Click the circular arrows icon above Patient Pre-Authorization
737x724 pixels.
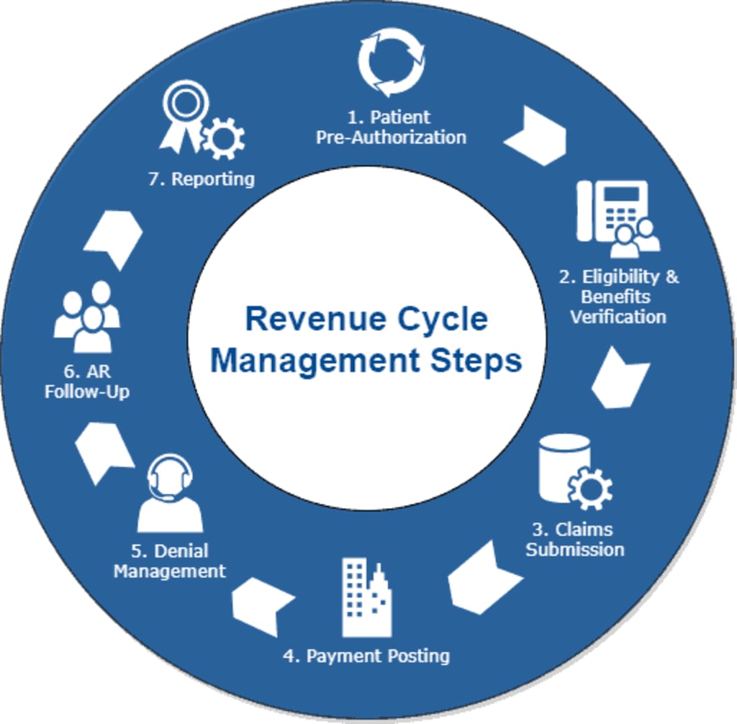click(x=391, y=62)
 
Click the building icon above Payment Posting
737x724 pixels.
click(x=366, y=597)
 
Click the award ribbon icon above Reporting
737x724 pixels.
click(x=184, y=115)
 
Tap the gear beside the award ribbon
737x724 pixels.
click(x=223, y=138)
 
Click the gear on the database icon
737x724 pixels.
click(x=590, y=489)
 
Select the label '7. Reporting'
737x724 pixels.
click(x=202, y=179)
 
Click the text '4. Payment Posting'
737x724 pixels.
click(x=366, y=656)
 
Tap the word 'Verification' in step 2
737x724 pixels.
click(x=618, y=317)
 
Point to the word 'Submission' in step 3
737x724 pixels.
click(x=574, y=550)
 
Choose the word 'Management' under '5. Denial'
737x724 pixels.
click(x=170, y=571)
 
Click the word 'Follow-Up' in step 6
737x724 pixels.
click(x=87, y=392)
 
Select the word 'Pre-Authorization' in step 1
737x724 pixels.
click(x=391, y=137)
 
